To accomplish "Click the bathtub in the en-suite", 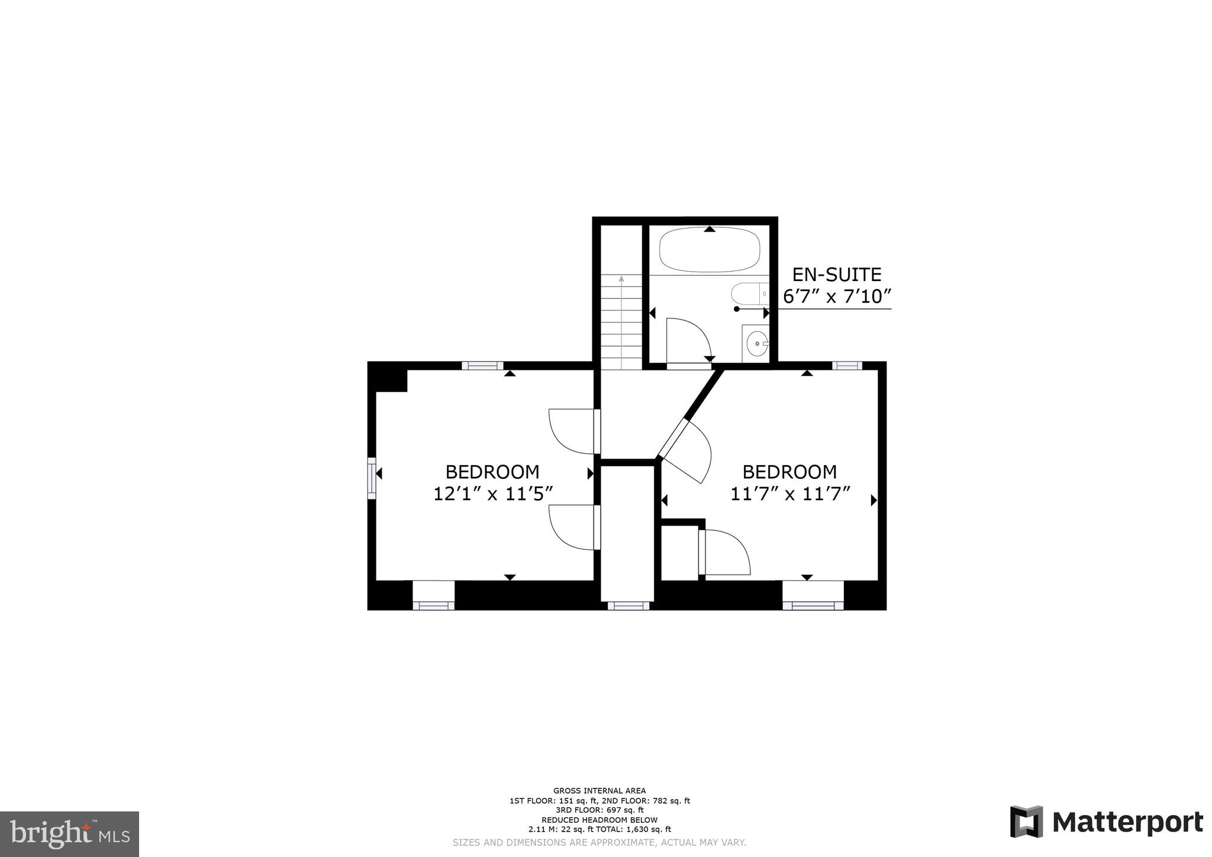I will point(710,250).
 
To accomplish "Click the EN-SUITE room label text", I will point(836,275).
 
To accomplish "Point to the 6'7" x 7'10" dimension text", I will point(837,296).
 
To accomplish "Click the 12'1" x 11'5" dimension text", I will point(492,494).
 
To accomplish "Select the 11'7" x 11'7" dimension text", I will point(789,494).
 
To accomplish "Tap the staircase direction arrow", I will point(621,279).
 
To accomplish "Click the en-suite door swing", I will point(688,340).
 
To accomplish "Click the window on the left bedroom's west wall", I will point(372,478).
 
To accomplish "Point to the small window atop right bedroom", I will point(847,366).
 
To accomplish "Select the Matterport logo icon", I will point(1027,821).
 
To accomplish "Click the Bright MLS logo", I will point(69,834).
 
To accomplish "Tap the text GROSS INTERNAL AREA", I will point(599,791).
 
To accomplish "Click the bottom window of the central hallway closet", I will point(628,605).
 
